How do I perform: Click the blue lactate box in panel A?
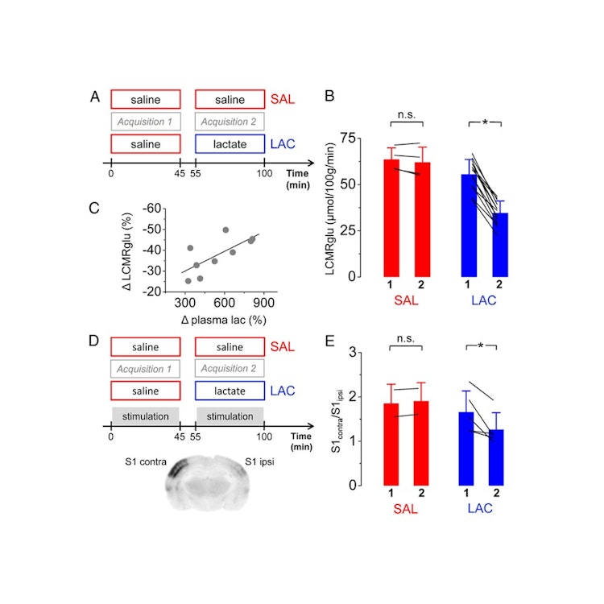pyautogui.click(x=230, y=144)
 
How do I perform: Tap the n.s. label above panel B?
pyautogui.click(x=406, y=114)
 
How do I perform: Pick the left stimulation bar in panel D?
pyautogui.click(x=145, y=416)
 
